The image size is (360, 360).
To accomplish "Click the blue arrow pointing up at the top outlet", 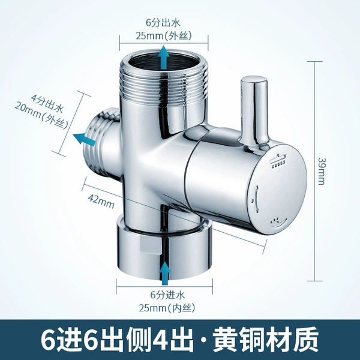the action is pyautogui.click(x=163, y=58).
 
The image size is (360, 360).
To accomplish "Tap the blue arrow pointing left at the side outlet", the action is pyautogui.click(x=84, y=139).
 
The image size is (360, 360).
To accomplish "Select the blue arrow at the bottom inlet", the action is pyautogui.click(x=164, y=273).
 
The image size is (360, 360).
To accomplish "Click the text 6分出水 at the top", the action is pyautogui.click(x=163, y=23).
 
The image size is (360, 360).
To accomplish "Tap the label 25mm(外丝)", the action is pyautogui.click(x=163, y=36).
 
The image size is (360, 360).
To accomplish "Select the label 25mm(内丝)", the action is pyautogui.click(x=167, y=307).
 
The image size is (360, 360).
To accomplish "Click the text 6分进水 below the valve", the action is pyautogui.click(x=167, y=295).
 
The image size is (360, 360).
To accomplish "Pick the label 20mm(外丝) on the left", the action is pyautogui.click(x=41, y=118).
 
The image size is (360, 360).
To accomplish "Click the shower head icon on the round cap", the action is pyautogui.click(x=278, y=161).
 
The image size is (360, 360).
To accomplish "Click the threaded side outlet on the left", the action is pyautogui.click(x=101, y=140).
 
